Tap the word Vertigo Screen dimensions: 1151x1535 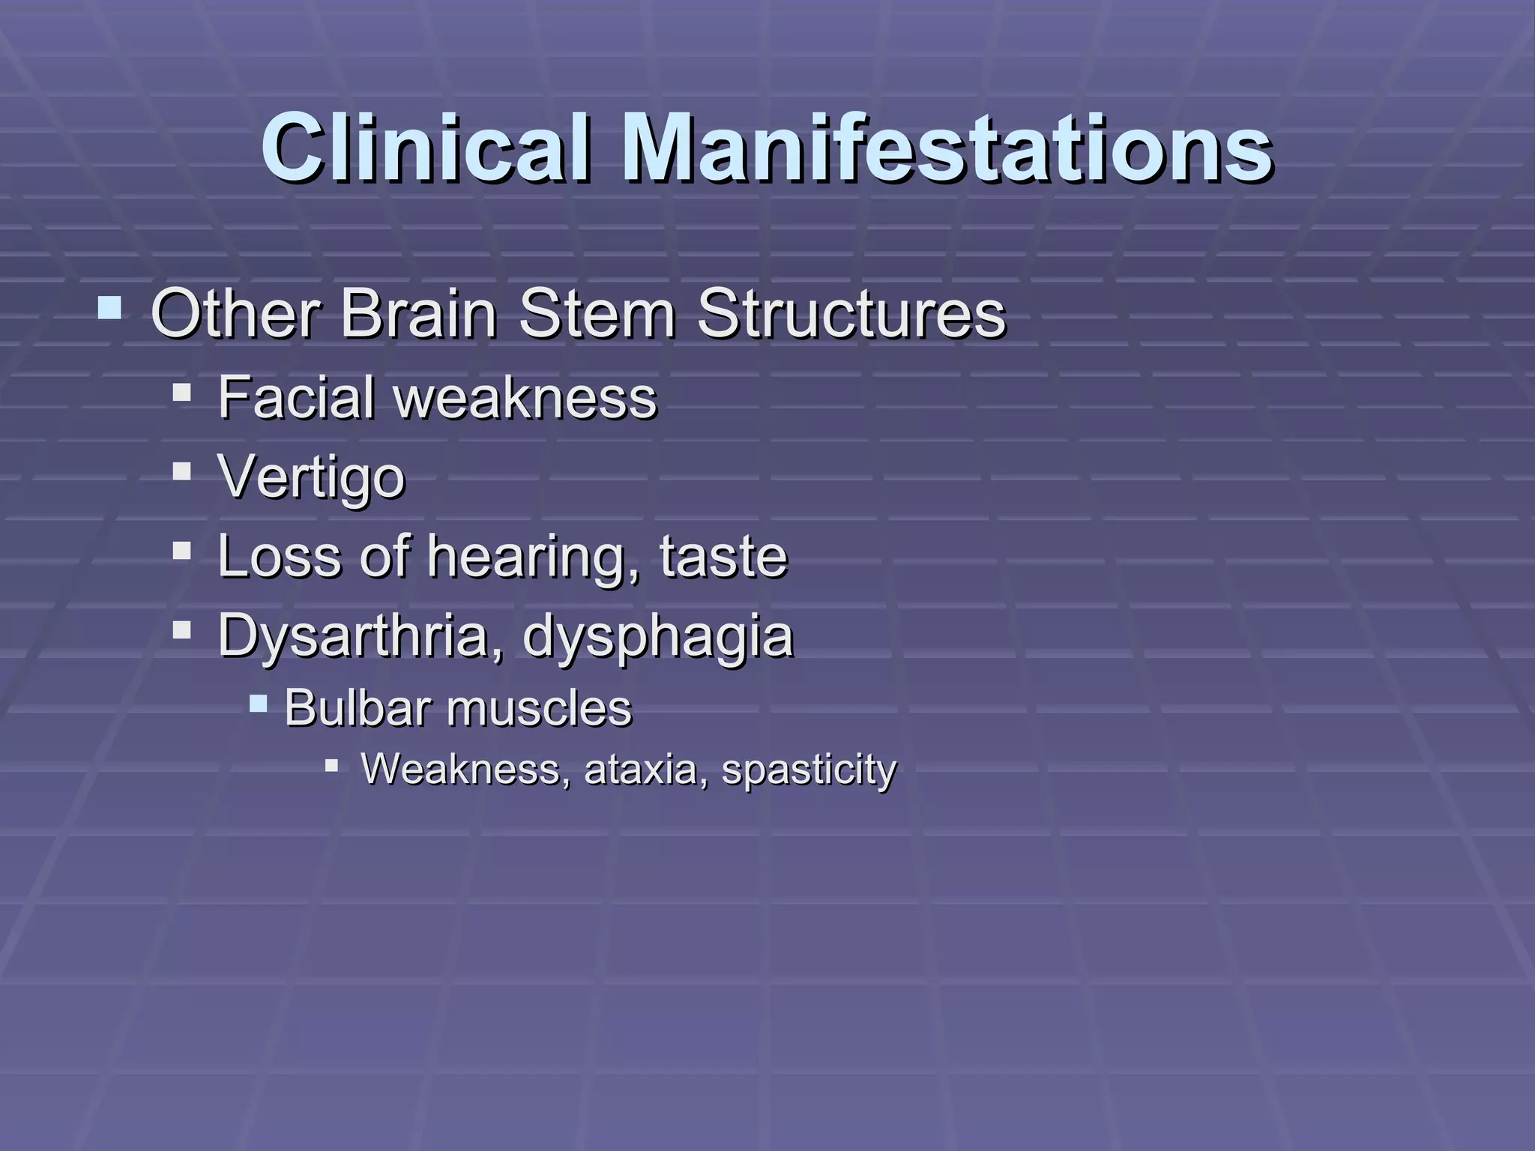point(311,477)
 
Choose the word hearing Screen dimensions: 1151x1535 point(533,558)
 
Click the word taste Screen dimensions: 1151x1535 point(723,557)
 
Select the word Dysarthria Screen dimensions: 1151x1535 point(358,636)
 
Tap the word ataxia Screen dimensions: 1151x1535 point(640,769)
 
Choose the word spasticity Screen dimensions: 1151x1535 point(809,770)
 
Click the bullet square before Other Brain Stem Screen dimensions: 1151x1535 point(109,307)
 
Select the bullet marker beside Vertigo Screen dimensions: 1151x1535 point(181,471)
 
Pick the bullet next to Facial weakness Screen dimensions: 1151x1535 point(181,392)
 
